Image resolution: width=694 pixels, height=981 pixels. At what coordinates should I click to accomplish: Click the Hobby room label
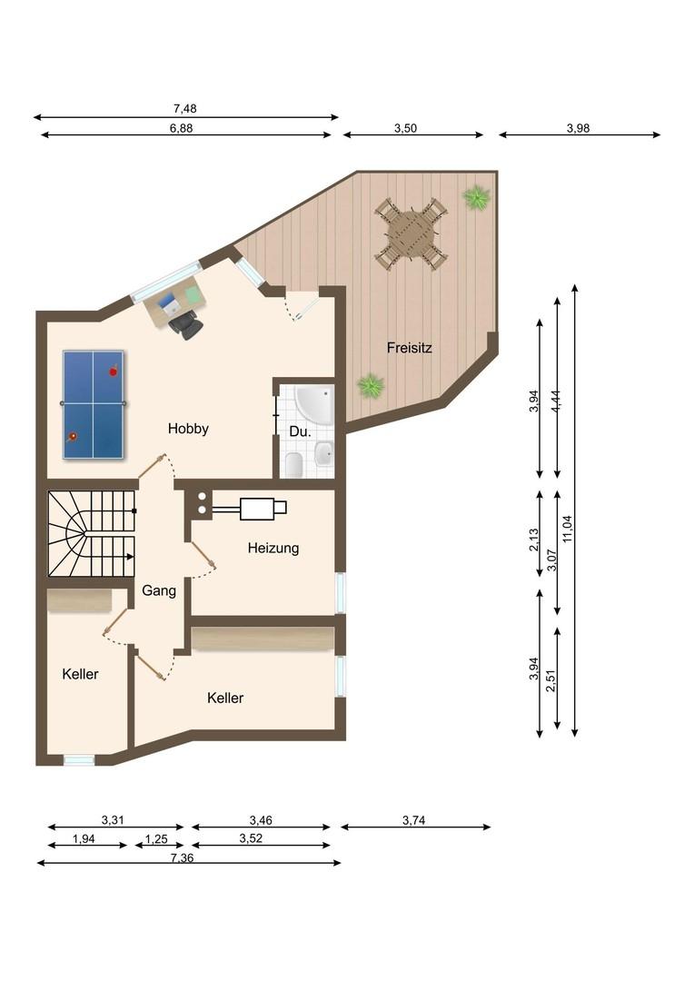click(x=188, y=429)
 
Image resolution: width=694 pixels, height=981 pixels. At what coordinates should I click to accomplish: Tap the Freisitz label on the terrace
click(x=410, y=348)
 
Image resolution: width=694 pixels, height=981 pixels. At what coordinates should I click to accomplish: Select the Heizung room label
click(x=273, y=548)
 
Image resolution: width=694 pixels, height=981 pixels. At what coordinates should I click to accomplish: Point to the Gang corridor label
click(x=159, y=590)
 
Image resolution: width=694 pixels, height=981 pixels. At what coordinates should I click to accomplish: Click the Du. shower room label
click(x=301, y=431)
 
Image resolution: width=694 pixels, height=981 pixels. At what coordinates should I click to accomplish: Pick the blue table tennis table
click(x=94, y=404)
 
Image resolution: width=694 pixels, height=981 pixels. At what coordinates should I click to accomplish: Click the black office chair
click(x=186, y=325)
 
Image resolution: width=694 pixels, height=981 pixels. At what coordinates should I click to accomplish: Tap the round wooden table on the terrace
click(x=411, y=233)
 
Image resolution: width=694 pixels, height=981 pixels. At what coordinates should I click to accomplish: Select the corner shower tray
click(x=314, y=406)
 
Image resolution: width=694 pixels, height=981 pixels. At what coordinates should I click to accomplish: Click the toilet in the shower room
click(x=294, y=463)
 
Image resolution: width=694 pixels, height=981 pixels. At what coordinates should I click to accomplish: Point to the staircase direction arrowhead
click(x=130, y=556)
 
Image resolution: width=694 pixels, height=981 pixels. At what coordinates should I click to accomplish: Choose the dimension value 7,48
click(x=184, y=109)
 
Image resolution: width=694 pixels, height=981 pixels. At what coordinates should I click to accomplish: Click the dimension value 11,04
click(x=568, y=529)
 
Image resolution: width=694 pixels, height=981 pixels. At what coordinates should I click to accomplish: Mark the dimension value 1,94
click(x=84, y=839)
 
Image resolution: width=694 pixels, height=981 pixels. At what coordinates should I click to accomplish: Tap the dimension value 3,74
click(x=414, y=820)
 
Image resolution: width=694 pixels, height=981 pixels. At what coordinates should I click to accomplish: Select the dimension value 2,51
click(x=550, y=680)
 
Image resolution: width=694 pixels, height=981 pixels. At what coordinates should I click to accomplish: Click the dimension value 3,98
click(x=579, y=128)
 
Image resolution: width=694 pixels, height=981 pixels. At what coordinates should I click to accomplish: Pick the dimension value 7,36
click(x=182, y=857)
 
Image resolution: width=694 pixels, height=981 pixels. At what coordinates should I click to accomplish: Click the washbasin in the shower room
click(x=323, y=453)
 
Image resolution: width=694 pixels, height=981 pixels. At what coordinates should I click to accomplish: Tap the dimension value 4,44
click(x=556, y=400)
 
